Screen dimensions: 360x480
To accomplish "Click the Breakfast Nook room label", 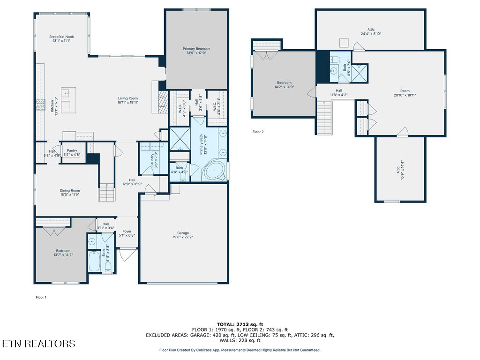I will pyautogui.click(x=61, y=39).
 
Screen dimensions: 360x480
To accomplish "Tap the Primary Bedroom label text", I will pyautogui.click(x=196, y=51).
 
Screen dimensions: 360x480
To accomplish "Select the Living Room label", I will pyautogui.click(x=127, y=100).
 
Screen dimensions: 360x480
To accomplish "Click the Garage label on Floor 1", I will pyautogui.click(x=183, y=235).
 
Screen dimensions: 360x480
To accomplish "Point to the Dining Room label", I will pyautogui.click(x=70, y=193).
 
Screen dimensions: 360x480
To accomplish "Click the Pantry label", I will pyautogui.click(x=72, y=152).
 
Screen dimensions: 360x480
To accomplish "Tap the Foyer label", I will pyautogui.click(x=127, y=233).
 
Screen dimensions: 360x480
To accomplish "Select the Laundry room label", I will pyautogui.click(x=152, y=159).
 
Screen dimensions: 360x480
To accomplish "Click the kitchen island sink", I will pyautogui.click(x=66, y=92).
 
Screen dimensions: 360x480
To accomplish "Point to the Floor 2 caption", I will pyautogui.click(x=258, y=132).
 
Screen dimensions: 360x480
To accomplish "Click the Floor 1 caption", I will pyautogui.click(x=41, y=297).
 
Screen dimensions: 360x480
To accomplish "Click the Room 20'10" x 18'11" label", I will pyautogui.click(x=405, y=93).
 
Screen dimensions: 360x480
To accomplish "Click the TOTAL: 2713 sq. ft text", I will pyautogui.click(x=240, y=324).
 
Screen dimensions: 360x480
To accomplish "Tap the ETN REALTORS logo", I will pyautogui.click(x=38, y=344).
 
